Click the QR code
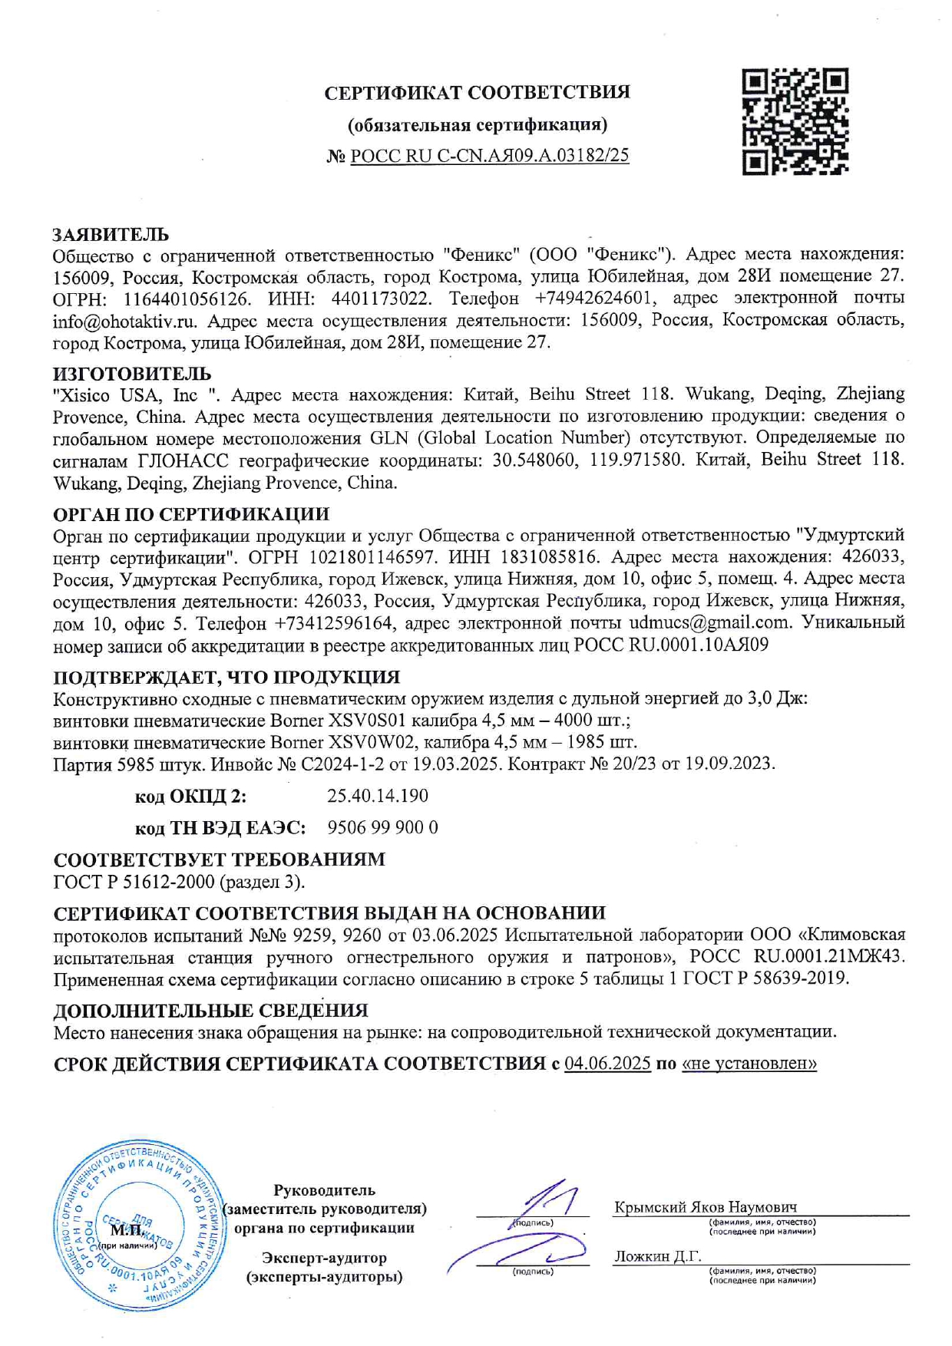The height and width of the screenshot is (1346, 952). click(x=795, y=121)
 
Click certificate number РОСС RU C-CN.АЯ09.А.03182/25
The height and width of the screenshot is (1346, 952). click(x=489, y=156)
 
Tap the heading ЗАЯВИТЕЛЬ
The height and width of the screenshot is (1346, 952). click(x=111, y=234)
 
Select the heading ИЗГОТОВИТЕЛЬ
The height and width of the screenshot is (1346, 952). click(x=131, y=374)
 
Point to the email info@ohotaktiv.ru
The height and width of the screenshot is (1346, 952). click(x=124, y=321)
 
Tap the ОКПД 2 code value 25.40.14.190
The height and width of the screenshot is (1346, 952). click(x=377, y=796)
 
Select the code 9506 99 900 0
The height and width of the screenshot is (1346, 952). click(x=382, y=827)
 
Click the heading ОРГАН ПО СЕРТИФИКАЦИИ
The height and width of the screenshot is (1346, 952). click(x=191, y=514)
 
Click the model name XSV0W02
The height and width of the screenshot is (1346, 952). click(x=373, y=742)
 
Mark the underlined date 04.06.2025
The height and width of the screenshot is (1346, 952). click(x=607, y=1064)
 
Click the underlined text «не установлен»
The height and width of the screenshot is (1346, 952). click(x=749, y=1064)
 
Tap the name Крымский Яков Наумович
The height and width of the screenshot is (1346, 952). click(x=705, y=1206)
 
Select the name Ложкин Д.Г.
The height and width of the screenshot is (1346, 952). click(x=657, y=1256)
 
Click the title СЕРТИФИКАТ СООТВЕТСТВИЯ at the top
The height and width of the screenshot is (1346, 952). click(x=477, y=93)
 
